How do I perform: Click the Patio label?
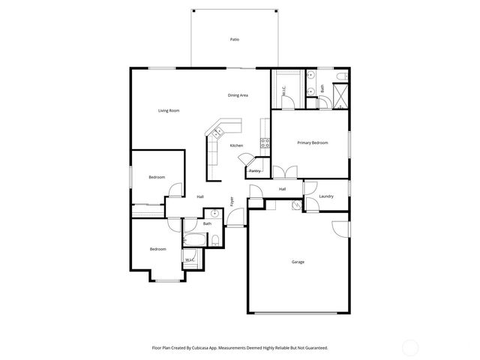click(235, 39)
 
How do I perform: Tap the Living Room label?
click(169, 111)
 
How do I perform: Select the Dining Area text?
click(238, 95)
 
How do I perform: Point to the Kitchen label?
click(236, 145)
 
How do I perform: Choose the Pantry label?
click(255, 171)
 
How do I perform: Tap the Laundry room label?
click(325, 196)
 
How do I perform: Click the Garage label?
click(298, 262)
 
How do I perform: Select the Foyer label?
click(232, 200)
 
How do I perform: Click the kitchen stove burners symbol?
click(265, 142)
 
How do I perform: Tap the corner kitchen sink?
click(219, 133)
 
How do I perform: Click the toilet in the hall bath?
click(214, 240)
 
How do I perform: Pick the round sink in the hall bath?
click(214, 214)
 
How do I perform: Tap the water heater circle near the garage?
click(296, 204)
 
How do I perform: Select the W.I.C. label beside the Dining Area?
click(284, 92)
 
